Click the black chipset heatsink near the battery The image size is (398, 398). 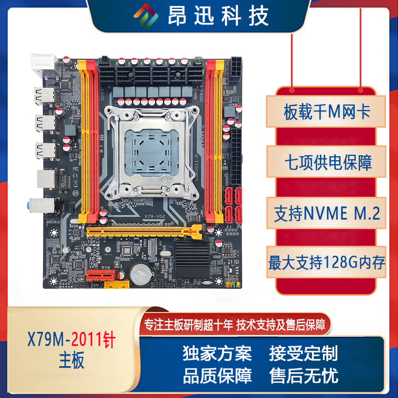[x=192, y=259]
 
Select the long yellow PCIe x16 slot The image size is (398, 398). [x=144, y=231]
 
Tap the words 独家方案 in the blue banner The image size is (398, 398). [x=217, y=353]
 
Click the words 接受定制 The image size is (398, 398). [x=303, y=353]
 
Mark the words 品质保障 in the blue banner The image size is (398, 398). [x=217, y=375]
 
